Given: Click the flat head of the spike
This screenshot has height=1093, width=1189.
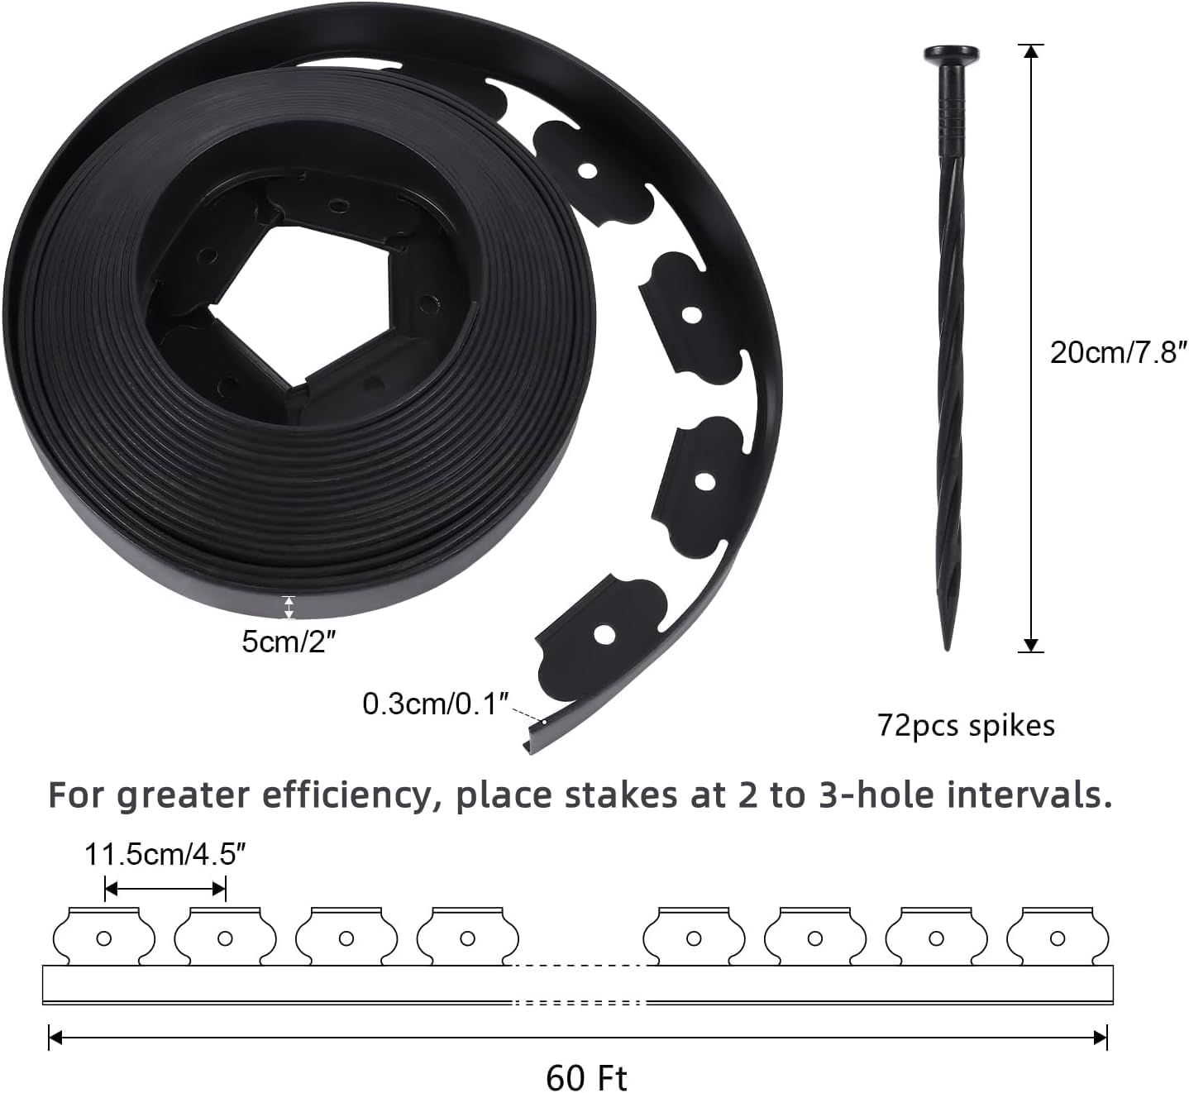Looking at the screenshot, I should pos(951,55).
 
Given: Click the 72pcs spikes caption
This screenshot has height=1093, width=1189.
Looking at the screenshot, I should pos(966,726).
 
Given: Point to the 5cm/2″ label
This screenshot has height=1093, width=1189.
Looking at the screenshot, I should pos(289,642).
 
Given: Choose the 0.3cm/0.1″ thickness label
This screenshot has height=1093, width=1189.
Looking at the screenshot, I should pos(434,704).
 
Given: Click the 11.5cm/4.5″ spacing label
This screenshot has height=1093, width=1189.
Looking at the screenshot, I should pos(165,854).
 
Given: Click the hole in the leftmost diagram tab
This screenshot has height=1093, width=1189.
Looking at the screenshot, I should pos(104,938).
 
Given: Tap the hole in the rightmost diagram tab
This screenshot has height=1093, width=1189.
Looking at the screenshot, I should pos(1057,938).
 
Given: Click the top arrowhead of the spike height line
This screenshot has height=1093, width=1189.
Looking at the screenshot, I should pos(1030,51).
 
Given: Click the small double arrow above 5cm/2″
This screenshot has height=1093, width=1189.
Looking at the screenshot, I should pos(288,608).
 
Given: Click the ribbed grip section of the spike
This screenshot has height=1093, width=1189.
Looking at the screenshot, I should pos(951,124).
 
